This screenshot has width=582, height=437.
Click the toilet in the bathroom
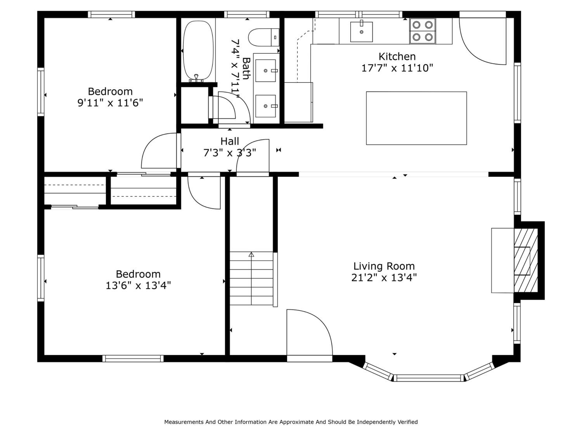click(x=264, y=37)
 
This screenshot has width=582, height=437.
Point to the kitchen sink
click(x=361, y=32)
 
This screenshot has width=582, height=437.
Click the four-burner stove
click(x=423, y=31)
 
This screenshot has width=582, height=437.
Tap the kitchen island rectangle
click(x=416, y=118)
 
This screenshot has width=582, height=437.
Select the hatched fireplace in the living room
click(x=526, y=260)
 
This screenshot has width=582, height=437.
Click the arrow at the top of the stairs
click(x=251, y=254)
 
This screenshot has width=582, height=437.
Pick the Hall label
click(x=230, y=141)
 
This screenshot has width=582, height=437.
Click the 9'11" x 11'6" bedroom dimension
click(x=110, y=103)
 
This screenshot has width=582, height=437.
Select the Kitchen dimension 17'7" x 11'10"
click(x=397, y=68)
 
